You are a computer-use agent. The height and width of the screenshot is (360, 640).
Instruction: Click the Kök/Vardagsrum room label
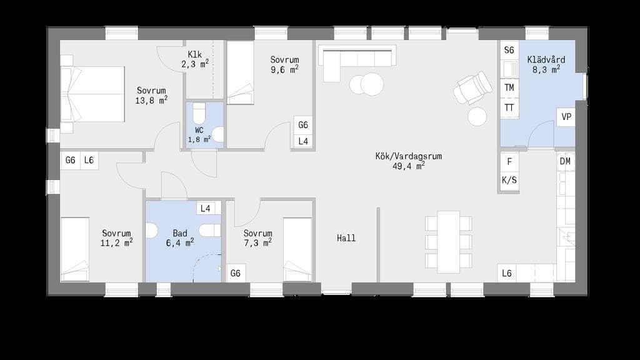(x=408, y=161)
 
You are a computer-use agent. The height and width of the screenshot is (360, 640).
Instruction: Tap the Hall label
(x=346, y=238)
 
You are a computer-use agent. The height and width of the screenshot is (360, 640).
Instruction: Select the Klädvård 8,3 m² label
(x=546, y=64)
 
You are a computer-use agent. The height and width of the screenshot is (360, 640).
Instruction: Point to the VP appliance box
(x=566, y=117)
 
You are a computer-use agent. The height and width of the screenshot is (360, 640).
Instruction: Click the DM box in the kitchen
(x=565, y=161)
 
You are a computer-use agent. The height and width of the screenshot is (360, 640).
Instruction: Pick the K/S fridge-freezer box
(x=509, y=180)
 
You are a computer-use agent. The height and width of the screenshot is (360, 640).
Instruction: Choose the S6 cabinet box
(x=509, y=50)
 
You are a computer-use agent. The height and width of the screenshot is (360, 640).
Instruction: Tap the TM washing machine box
(x=509, y=87)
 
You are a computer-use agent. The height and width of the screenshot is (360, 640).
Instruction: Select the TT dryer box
(x=509, y=107)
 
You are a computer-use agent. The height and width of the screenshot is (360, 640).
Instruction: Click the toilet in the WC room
(x=199, y=113)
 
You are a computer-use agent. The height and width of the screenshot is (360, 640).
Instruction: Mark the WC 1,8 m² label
(x=199, y=135)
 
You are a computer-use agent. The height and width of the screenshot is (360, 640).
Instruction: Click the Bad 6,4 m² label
(x=180, y=238)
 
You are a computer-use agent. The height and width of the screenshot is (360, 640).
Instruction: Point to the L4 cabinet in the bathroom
(x=205, y=209)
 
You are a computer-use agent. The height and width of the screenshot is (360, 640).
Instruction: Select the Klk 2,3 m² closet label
(x=195, y=59)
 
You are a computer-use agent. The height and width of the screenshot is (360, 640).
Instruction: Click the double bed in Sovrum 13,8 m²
(x=92, y=94)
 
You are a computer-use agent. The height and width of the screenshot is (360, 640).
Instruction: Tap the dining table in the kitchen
(x=449, y=242)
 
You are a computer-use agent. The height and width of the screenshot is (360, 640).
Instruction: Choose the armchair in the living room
(x=473, y=87)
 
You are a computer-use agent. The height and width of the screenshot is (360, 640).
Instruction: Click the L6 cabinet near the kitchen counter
(x=506, y=273)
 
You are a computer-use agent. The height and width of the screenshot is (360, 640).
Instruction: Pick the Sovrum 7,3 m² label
(x=257, y=238)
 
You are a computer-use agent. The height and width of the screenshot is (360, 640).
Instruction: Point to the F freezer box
(x=509, y=162)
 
